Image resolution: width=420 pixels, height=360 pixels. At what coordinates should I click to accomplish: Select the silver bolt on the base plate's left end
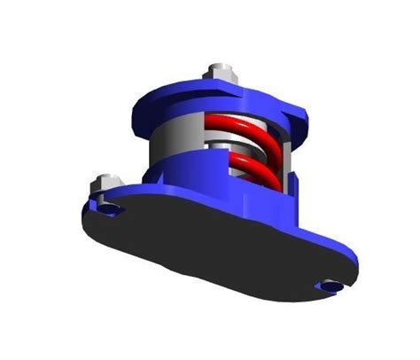(102, 184)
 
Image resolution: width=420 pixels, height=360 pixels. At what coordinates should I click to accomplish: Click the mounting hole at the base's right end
(331, 286)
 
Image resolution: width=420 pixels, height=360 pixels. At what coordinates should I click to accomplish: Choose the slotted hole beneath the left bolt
(108, 209)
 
